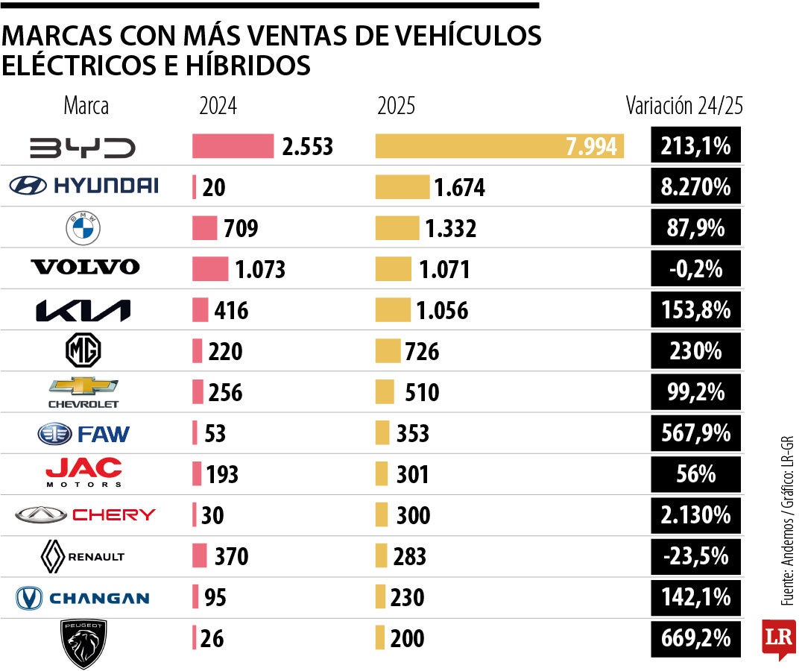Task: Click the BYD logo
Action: tap(83, 147)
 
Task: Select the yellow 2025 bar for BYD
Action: tap(499, 146)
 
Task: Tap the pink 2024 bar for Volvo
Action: tap(210, 268)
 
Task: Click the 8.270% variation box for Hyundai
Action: tap(696, 187)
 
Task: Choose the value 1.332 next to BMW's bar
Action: tap(450, 229)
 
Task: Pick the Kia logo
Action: tap(83, 310)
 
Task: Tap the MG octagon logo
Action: tap(83, 350)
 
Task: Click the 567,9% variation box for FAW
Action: tap(696, 433)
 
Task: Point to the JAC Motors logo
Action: tap(83, 473)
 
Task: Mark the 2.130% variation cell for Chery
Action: tap(696, 515)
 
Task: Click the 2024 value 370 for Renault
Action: tap(231, 556)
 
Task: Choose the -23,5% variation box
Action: tap(696, 556)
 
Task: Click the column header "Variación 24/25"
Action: tap(684, 106)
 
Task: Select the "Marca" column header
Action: tap(86, 106)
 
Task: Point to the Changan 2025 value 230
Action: tap(407, 598)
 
